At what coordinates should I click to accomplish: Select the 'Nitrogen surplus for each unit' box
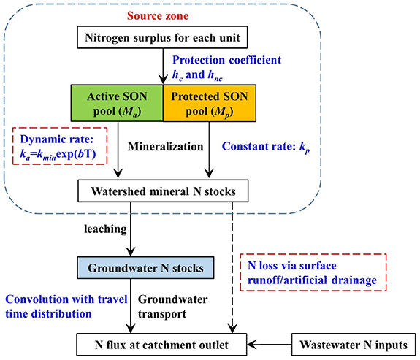point(161,37)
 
